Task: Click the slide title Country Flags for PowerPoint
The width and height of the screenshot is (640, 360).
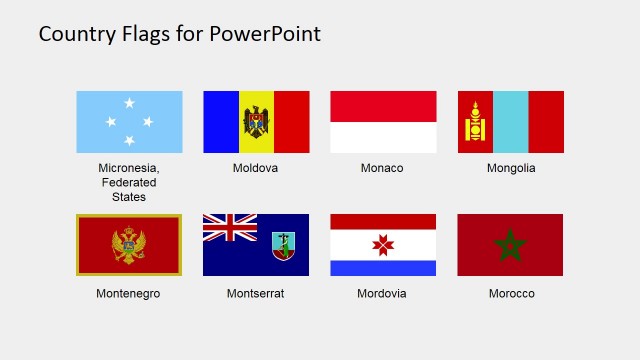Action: coord(180,34)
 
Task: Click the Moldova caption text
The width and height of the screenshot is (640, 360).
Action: coord(255,168)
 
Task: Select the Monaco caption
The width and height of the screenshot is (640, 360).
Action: coord(382,168)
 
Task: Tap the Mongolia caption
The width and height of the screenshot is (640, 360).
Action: coord(511,168)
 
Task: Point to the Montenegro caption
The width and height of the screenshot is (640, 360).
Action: coord(128,294)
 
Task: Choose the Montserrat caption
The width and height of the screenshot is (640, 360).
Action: coord(255,294)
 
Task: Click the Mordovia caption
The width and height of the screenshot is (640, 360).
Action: coord(383,294)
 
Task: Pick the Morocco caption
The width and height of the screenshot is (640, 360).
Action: coord(511,294)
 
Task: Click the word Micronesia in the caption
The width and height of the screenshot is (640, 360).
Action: coord(128,168)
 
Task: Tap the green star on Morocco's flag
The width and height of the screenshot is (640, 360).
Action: coord(511,244)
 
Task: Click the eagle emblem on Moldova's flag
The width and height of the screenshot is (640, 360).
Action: coord(256,122)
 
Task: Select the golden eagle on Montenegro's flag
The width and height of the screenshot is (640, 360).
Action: coord(129,245)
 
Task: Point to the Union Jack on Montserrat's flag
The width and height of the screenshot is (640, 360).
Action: coord(229,228)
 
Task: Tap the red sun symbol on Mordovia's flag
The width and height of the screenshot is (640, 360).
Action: coord(383,245)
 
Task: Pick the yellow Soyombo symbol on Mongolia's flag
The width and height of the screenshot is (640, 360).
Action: coord(475,122)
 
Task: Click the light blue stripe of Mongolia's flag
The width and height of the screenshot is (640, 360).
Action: coord(511,122)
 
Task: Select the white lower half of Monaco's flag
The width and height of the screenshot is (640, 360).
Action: coord(383,138)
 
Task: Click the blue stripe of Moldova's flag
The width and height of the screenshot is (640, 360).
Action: coord(220,122)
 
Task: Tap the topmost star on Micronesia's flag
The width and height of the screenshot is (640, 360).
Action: coord(129,103)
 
